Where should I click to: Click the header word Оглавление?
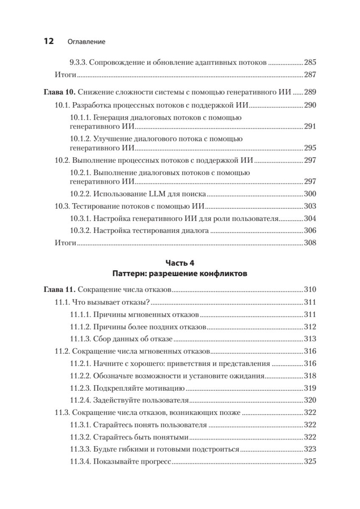pyautogui.click(x=86, y=42)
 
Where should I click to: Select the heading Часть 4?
pyautogui.click(x=180, y=263)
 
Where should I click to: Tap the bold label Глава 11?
pyautogui.click(x=59, y=290)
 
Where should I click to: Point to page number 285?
pyautogui.click(x=310, y=62)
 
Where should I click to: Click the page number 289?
pyautogui.click(x=310, y=92)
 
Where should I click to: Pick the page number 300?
pyautogui.click(x=310, y=194)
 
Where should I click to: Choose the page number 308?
pyautogui.click(x=310, y=243)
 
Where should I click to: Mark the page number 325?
pyautogui.click(x=310, y=461)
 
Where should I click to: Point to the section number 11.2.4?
pyautogui.click(x=80, y=400)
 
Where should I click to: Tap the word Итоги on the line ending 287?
pyautogui.click(x=65, y=75)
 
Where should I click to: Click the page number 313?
pyautogui.click(x=310, y=339)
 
